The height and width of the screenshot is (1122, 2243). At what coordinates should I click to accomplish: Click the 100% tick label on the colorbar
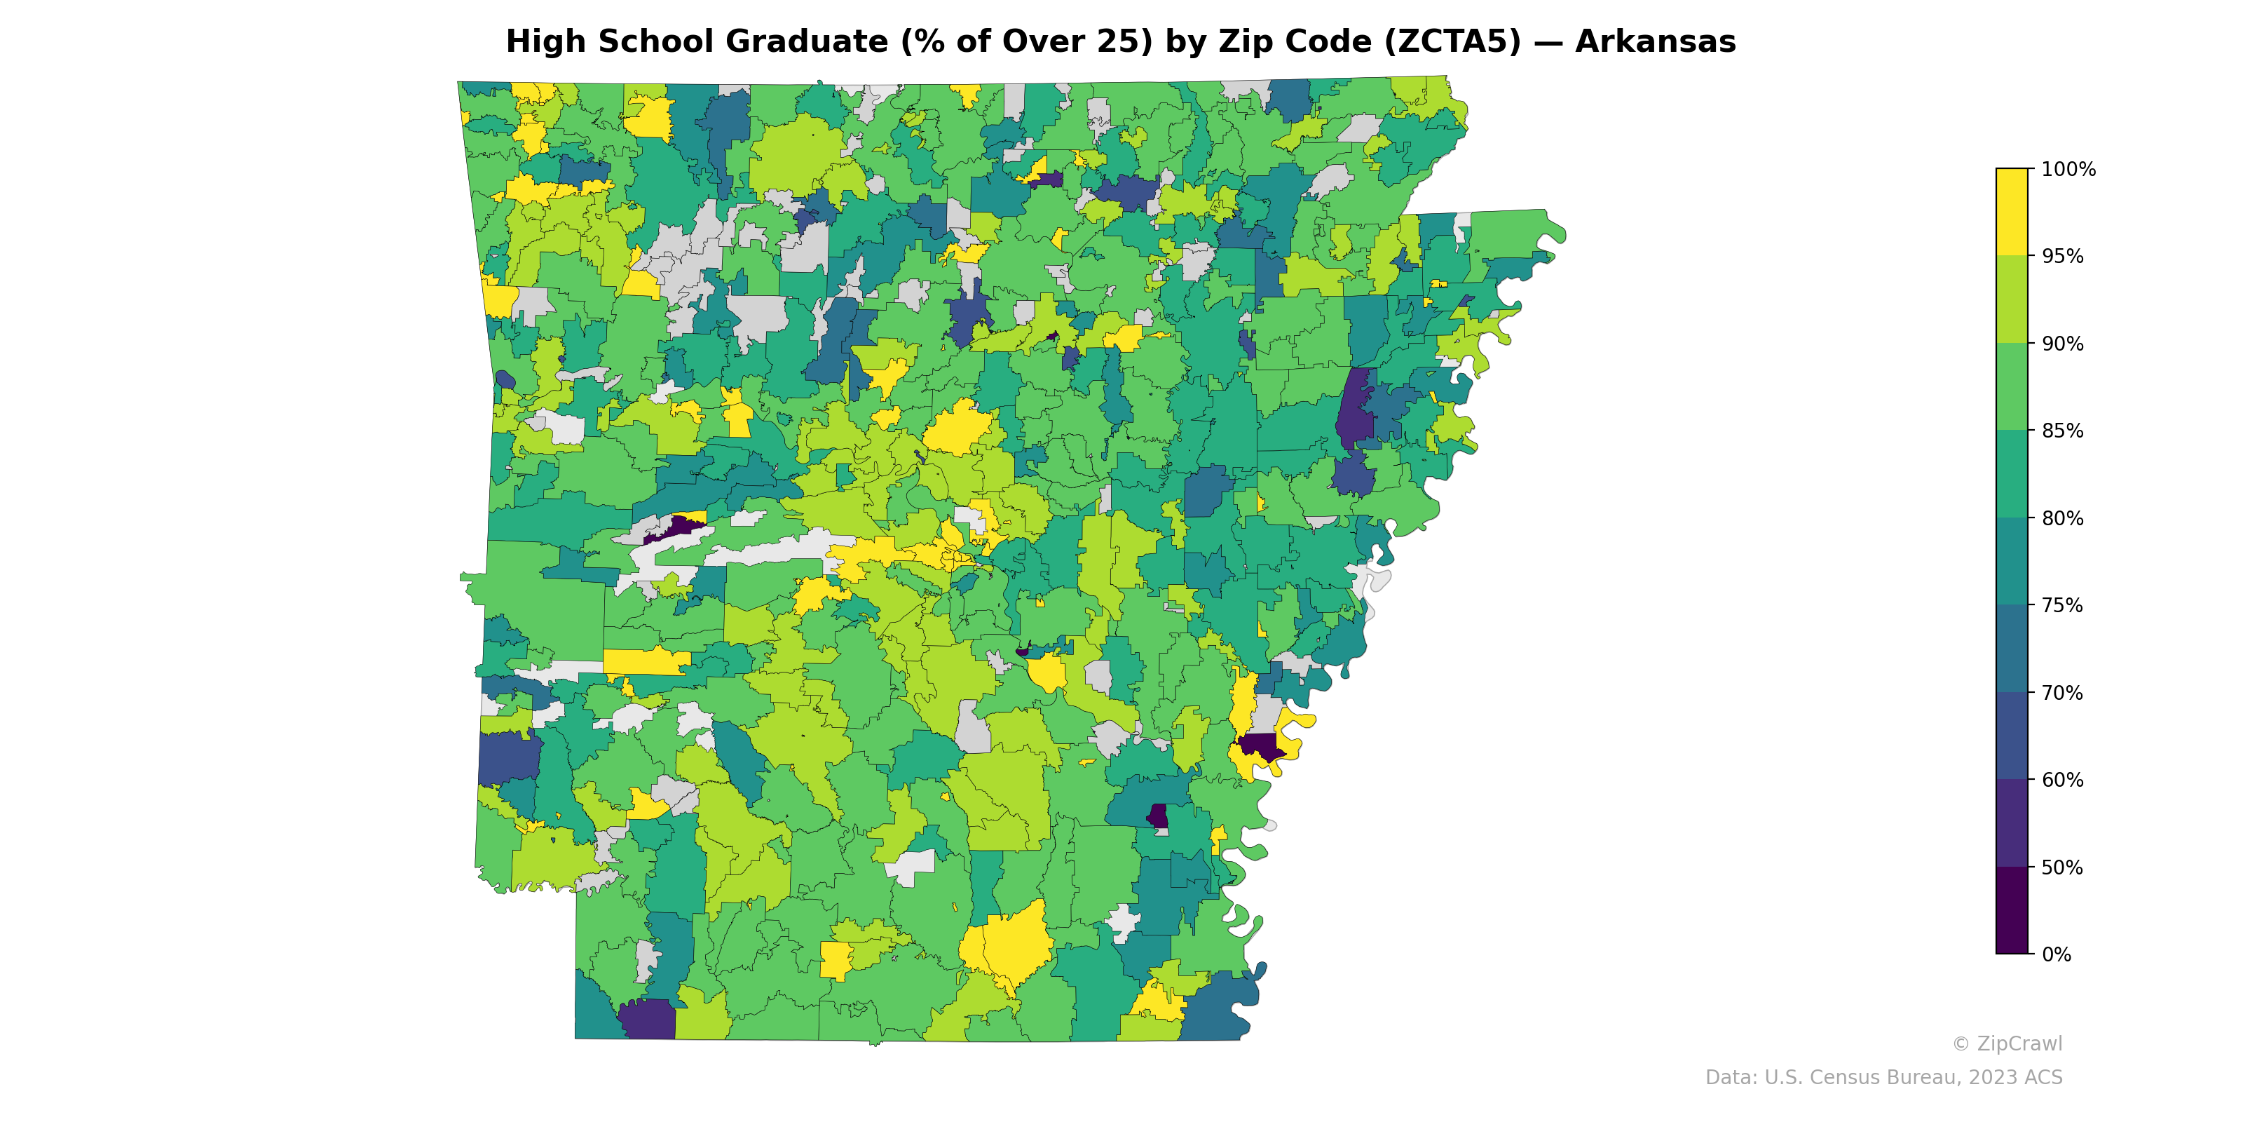click(x=2068, y=170)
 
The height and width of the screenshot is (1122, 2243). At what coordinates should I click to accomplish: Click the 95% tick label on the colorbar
click(x=2062, y=257)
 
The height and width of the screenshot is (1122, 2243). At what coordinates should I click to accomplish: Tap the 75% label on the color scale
click(x=2062, y=605)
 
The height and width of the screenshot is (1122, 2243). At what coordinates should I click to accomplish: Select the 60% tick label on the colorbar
click(x=2062, y=780)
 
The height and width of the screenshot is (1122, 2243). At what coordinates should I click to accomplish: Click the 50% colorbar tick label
click(x=2062, y=867)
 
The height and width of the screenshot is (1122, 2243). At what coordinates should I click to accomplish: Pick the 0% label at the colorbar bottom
click(x=2056, y=954)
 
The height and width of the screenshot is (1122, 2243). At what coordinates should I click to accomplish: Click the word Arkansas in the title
click(x=1654, y=42)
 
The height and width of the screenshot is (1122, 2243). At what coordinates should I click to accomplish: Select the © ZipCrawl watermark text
click(x=2006, y=1043)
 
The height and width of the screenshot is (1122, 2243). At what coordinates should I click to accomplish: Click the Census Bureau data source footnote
click(x=1883, y=1078)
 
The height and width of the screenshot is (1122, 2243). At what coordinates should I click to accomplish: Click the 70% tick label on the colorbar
click(x=2062, y=694)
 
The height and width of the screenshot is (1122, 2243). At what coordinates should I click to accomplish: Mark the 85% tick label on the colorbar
click(x=2062, y=431)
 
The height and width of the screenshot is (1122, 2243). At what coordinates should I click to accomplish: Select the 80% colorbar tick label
click(x=2062, y=518)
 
